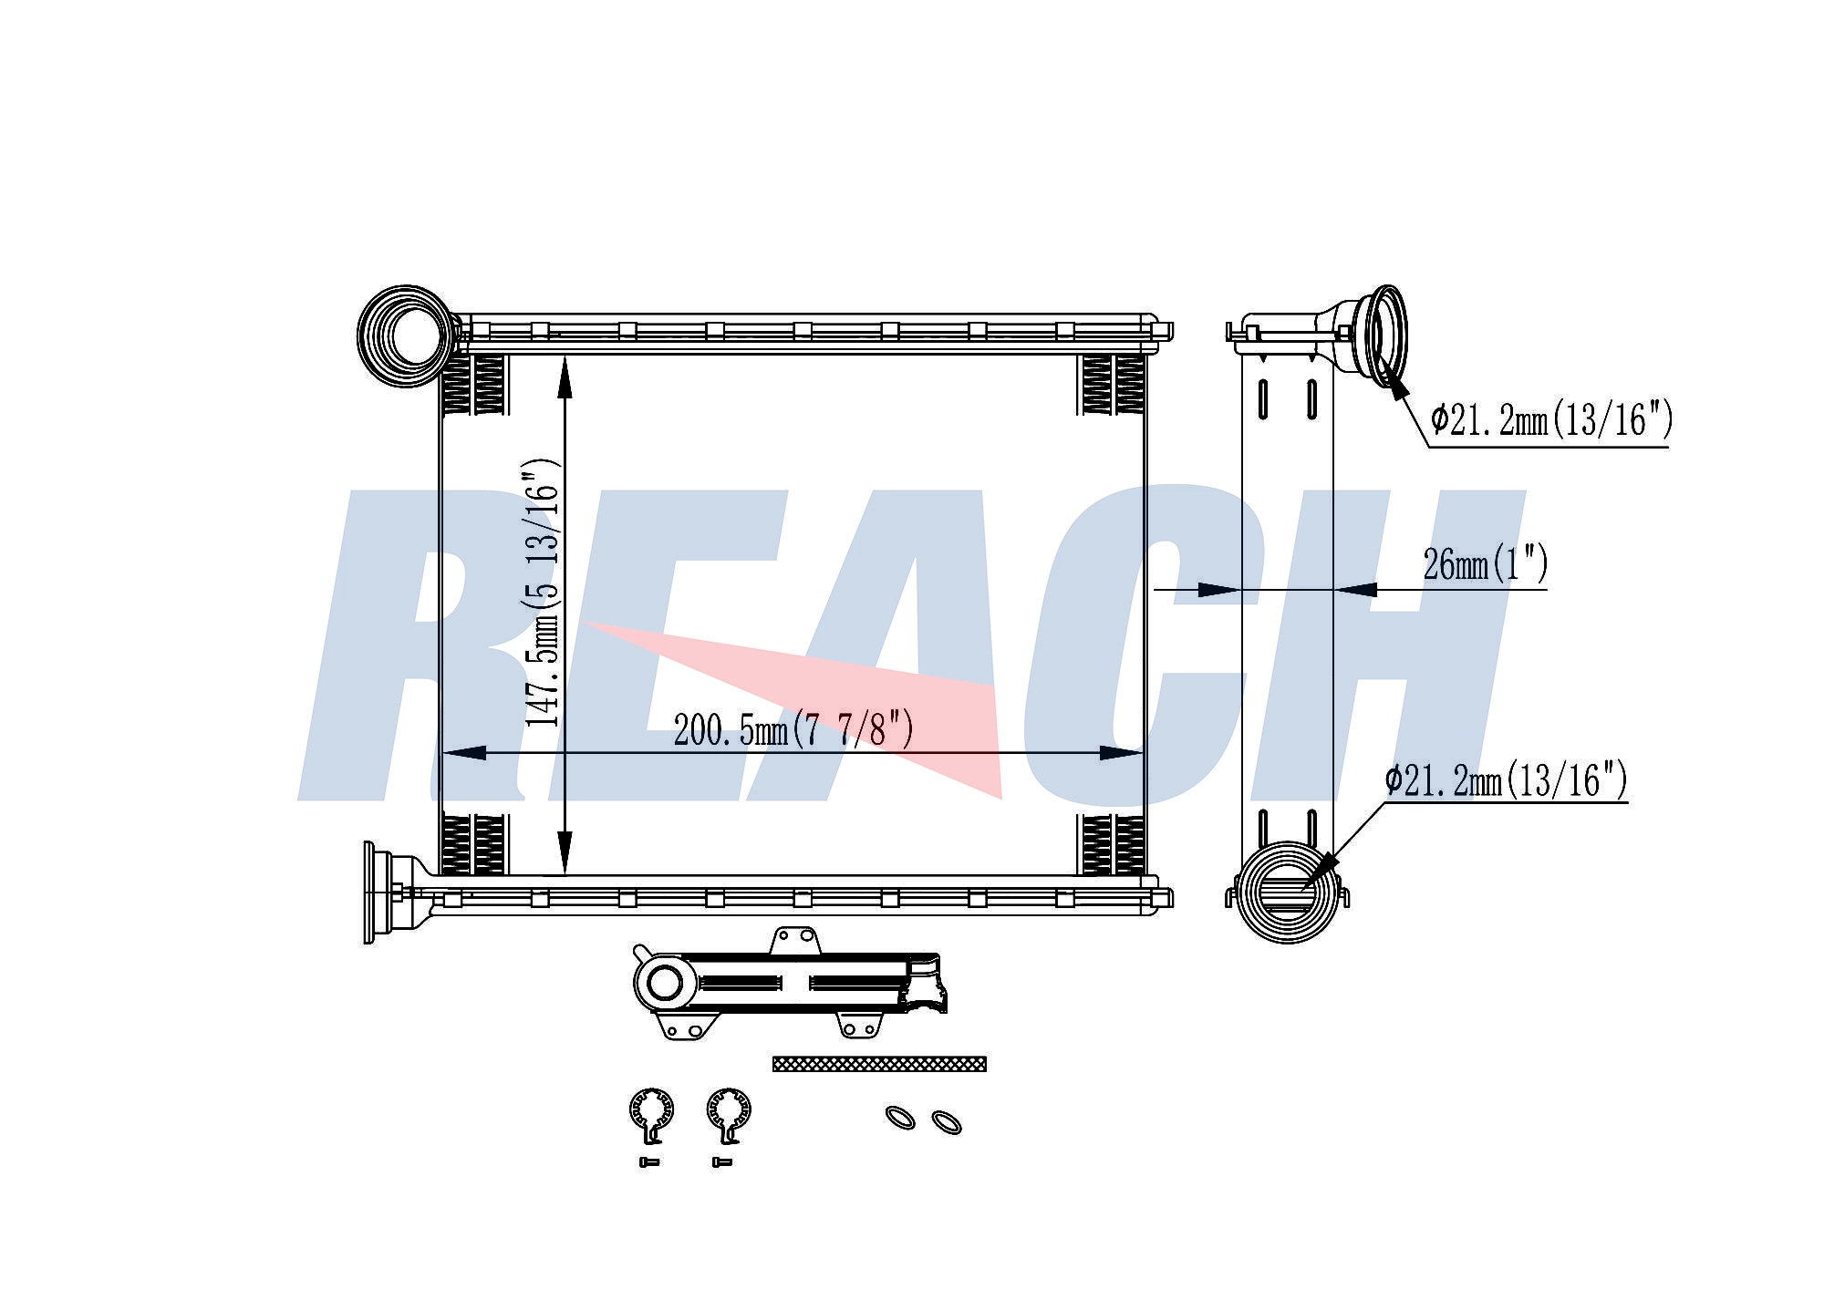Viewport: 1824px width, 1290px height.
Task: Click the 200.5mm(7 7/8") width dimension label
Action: (x=793, y=729)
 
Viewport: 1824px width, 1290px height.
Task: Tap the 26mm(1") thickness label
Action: (x=1486, y=564)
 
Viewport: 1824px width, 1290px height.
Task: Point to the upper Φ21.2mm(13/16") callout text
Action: (x=1551, y=420)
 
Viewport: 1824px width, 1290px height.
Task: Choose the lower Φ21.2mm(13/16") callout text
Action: (x=1506, y=780)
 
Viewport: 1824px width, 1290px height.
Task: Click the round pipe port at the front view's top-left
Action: (x=407, y=335)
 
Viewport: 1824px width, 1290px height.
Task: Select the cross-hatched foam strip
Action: (x=879, y=1064)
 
